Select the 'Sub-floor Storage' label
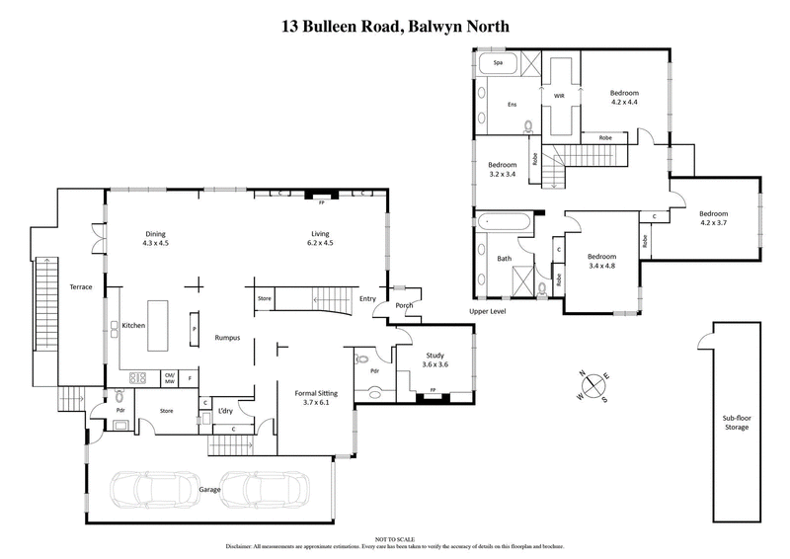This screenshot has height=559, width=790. click(736, 423)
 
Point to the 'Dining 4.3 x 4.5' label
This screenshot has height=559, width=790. click(156, 237)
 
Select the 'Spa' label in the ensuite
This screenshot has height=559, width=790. click(499, 62)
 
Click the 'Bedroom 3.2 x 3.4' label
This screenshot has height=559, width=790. click(503, 169)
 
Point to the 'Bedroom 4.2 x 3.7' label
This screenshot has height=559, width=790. click(714, 218)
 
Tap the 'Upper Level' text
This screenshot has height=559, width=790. click(489, 313)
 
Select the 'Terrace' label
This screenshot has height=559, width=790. click(80, 287)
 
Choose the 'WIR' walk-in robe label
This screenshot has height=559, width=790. click(558, 97)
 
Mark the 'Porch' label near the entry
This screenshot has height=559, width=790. click(404, 305)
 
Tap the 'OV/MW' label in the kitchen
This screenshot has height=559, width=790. click(169, 376)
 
